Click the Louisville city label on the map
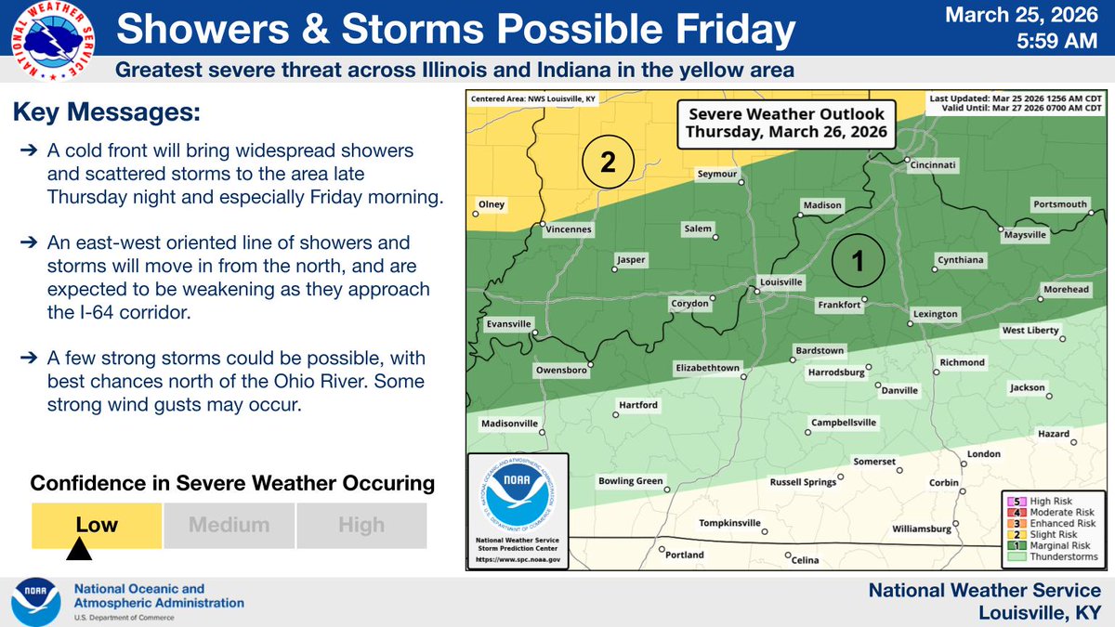pos(781,281)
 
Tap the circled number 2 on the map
pos(608,163)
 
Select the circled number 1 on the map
pos(859,261)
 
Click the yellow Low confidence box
pos(97,525)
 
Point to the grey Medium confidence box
pos(229,525)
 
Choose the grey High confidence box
pos(361,525)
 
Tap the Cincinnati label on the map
pos(933,166)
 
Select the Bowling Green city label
pos(630,481)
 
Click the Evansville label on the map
pos(508,324)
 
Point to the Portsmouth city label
pos(1059,204)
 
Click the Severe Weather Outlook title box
pos(786,124)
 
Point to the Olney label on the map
pos(491,203)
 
